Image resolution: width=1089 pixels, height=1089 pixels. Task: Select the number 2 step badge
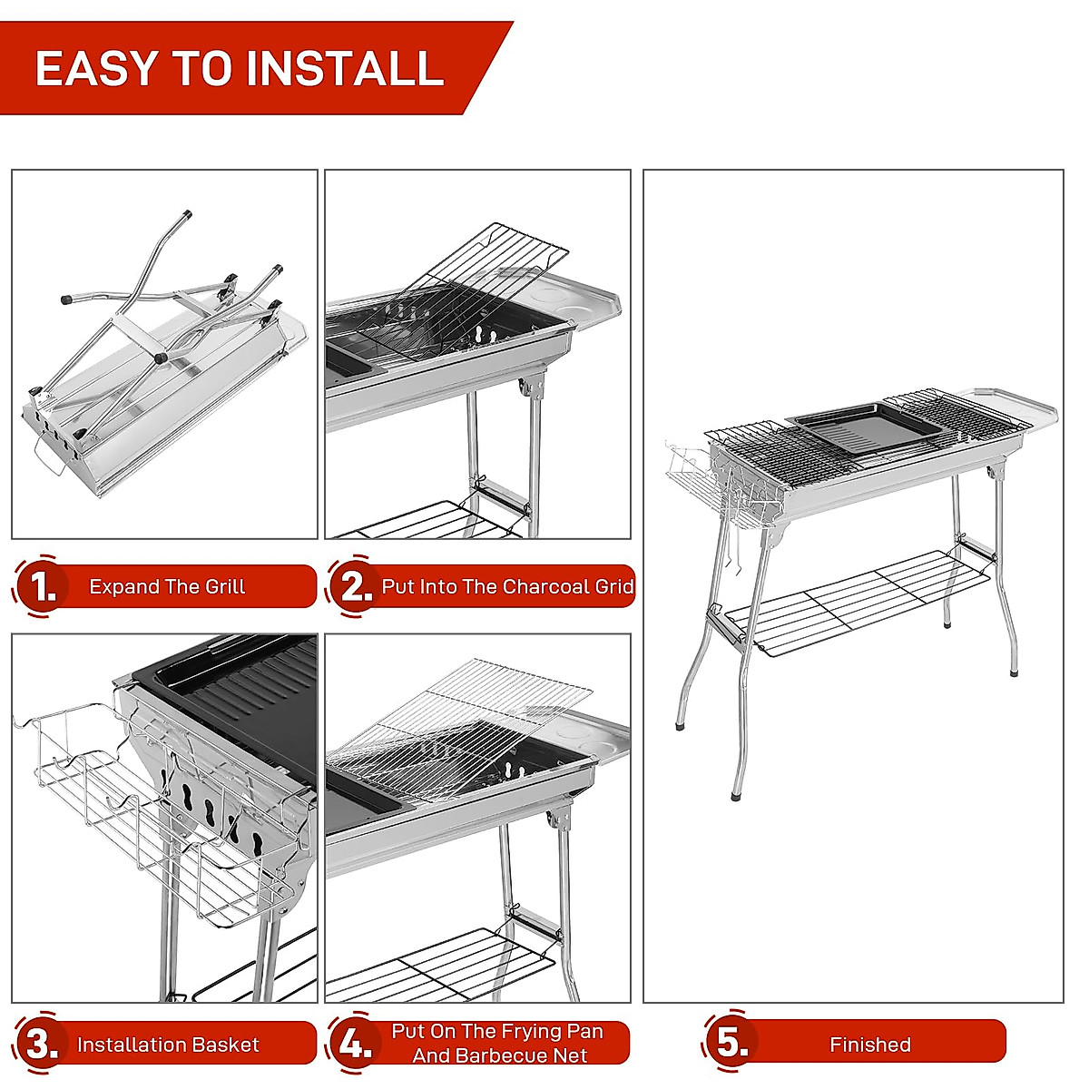point(352,586)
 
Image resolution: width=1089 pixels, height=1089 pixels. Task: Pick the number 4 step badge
point(352,1044)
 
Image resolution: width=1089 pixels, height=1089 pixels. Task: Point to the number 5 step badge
point(730,1042)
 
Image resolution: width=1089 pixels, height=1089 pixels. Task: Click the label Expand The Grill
point(167,586)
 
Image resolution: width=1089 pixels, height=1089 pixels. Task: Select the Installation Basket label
point(168,1045)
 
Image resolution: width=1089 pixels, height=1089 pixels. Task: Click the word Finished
point(869,1045)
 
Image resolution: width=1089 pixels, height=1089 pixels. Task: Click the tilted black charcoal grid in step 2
point(472,290)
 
